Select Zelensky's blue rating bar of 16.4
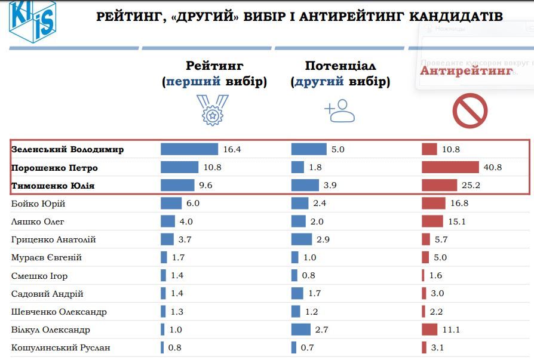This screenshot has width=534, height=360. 189,149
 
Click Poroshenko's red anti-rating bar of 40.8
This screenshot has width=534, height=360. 450,167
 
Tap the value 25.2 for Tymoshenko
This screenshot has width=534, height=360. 470,186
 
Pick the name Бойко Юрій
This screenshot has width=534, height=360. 38,204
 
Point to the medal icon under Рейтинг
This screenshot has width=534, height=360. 212,110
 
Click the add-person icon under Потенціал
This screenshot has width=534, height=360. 339,110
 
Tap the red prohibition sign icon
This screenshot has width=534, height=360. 469,111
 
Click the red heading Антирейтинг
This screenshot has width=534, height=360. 466,71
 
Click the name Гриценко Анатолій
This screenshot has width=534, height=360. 54,239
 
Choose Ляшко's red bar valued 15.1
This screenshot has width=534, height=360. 432,221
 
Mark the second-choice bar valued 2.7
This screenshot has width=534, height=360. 301,330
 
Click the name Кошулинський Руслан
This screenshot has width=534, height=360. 60,347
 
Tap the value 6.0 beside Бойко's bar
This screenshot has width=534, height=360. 192,204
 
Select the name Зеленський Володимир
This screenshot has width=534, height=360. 67,149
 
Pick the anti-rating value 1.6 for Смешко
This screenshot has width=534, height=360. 435,275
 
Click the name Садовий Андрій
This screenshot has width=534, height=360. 47,294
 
